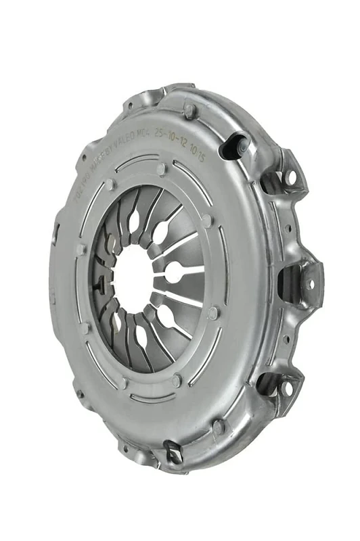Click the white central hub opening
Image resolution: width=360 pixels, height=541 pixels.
pos(133,277)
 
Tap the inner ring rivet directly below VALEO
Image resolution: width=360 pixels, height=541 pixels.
pos(160,169)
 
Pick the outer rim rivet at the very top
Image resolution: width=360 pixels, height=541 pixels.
pos(189,108)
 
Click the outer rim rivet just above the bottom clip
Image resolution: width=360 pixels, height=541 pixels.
pos(218,426)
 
